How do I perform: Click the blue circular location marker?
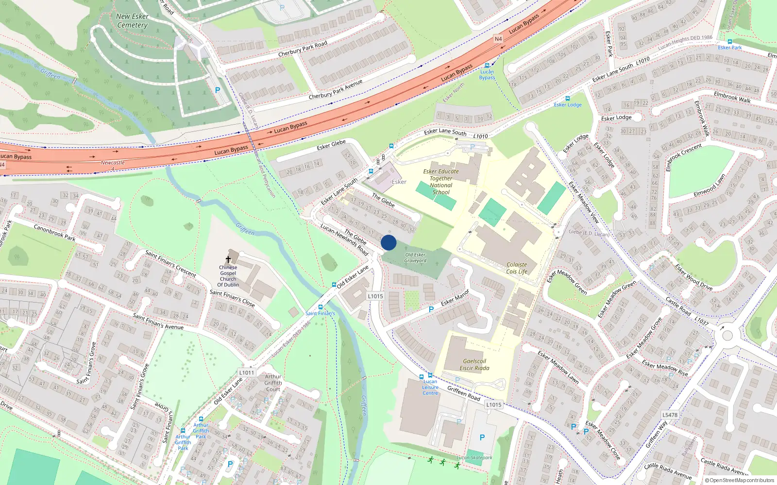tap(388, 242)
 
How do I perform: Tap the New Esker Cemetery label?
tap(132, 20)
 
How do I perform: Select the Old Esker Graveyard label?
tap(415, 258)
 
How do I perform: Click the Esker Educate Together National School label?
tap(441, 182)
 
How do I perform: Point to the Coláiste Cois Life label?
tap(517, 268)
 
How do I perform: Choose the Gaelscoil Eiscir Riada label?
tap(474, 365)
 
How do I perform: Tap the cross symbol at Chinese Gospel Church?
tap(228, 259)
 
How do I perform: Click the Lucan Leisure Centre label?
tap(430, 387)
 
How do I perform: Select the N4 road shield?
tap(498, 39)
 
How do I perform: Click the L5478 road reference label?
tap(670, 415)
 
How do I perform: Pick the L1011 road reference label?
tap(247, 372)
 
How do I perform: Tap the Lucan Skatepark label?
tap(474, 457)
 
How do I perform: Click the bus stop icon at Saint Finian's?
tap(321, 307)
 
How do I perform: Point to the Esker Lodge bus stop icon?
tap(567, 98)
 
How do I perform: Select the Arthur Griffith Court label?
tap(273, 383)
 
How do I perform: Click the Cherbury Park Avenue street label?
tap(335, 90)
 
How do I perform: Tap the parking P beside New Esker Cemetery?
tap(218, 90)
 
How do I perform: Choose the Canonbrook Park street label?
tap(54, 232)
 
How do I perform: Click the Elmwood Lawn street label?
tap(709, 185)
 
